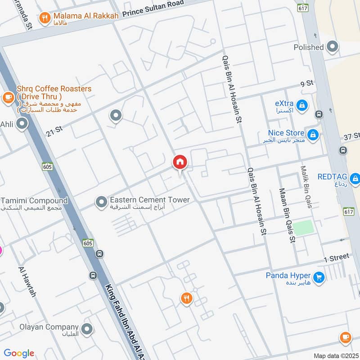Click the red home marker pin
tap(180, 162)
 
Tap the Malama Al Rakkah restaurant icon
tap(45, 18)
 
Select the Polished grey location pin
tap(333, 46)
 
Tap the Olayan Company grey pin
tap(87, 328)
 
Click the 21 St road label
tap(54, 132)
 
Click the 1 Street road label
tap(336, 257)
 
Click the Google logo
tap(19, 353)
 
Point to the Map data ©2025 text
tap(335, 355)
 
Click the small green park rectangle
tap(305, 227)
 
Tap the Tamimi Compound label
tap(34, 201)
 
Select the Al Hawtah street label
tap(27, 282)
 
